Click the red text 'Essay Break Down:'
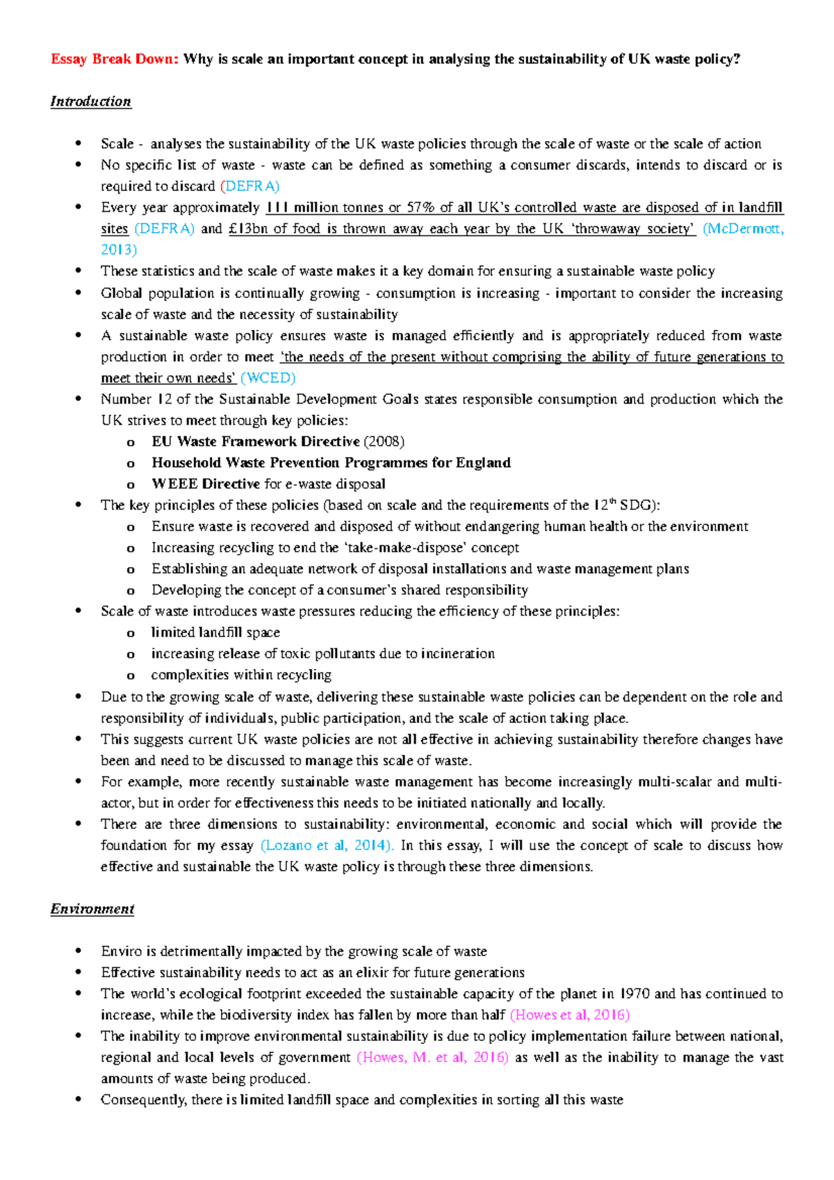pos(115,59)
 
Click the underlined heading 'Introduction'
pos(90,101)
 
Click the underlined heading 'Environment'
pos(92,909)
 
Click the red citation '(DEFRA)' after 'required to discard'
pos(250,186)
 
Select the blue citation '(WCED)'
pos(268,378)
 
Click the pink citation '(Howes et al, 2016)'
pos(569,1015)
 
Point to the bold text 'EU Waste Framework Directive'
pos(256,442)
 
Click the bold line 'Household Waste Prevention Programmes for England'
pos(331,463)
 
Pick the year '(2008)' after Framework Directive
pos(384,442)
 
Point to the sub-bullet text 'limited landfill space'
pos(215,633)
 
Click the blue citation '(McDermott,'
pos(743,229)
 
